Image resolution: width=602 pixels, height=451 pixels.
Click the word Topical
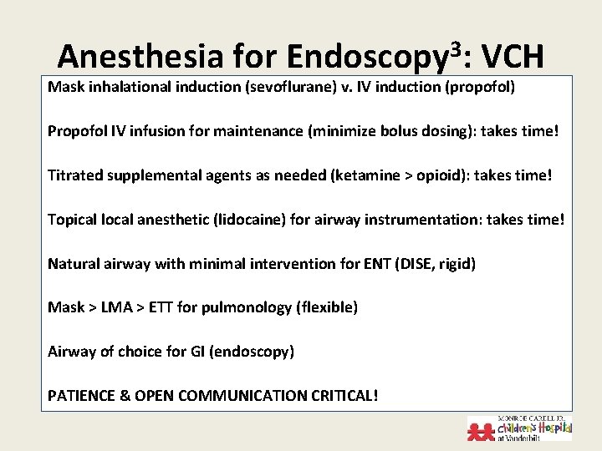coord(72,219)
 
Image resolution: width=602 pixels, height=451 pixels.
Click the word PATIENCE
coord(82,396)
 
